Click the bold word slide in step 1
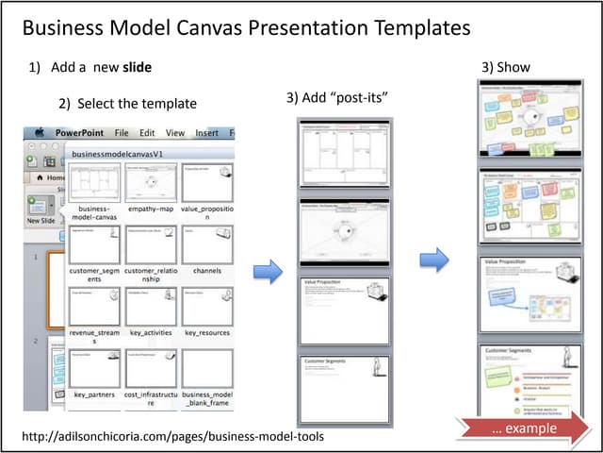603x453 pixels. (138, 68)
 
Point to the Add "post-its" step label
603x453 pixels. (337, 98)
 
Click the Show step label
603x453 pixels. (506, 67)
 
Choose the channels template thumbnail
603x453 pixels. (207, 244)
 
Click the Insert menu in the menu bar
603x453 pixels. (207, 134)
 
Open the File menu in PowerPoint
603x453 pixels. (122, 134)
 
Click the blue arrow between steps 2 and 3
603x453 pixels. (268, 273)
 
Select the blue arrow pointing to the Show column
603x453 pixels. (434, 259)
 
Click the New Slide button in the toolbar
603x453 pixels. (40, 210)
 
